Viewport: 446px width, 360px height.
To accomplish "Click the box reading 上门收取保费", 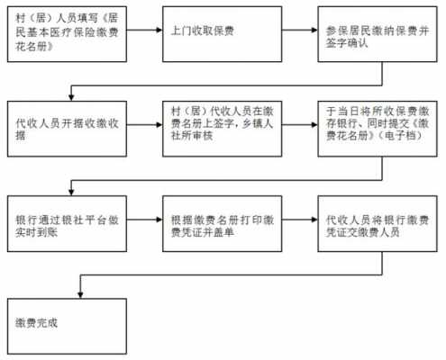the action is (x=223, y=34).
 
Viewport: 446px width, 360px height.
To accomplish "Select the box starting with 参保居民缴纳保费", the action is (x=378, y=34).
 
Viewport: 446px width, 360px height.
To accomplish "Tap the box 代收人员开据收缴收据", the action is (x=67, y=129).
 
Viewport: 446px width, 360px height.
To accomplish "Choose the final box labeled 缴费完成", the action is (x=67, y=326).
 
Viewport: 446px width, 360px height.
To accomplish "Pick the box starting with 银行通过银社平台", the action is (x=67, y=223).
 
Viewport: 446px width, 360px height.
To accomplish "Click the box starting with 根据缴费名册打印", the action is (x=223, y=223).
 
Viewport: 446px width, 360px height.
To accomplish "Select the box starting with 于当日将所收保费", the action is (x=378, y=129).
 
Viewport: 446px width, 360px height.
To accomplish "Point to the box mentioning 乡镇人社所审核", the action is (x=223, y=129).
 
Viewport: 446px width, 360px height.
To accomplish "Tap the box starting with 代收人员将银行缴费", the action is (x=378, y=223).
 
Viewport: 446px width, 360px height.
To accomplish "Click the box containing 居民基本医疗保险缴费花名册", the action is (x=67, y=34).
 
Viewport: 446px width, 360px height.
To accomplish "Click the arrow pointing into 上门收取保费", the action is (x=144, y=30).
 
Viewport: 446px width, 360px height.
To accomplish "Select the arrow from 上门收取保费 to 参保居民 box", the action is (x=300, y=30).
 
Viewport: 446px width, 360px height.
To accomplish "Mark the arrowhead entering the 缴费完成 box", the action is (x=80, y=295).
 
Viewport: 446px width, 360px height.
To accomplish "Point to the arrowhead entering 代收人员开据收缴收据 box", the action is (x=71, y=97).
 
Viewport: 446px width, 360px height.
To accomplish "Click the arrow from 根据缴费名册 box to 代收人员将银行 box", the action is (x=300, y=220).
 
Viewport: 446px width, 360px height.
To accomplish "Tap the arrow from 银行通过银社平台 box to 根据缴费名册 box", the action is (x=144, y=220).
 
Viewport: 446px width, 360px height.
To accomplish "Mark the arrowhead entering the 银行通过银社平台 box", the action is (x=71, y=192).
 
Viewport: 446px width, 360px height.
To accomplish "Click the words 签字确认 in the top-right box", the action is (x=347, y=43).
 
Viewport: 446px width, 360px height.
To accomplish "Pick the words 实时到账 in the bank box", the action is (x=36, y=232).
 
